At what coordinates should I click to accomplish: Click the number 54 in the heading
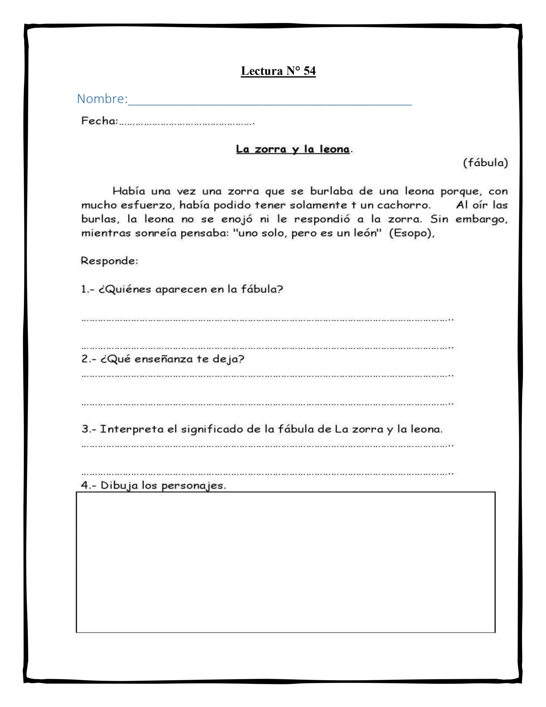(309, 71)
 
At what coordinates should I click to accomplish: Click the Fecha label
(99, 121)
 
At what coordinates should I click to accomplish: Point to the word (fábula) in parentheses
(485, 162)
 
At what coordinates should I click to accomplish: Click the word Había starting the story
(128, 191)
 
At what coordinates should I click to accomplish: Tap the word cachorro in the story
(404, 205)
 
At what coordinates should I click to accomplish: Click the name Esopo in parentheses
(411, 233)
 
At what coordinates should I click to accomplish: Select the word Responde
(109, 261)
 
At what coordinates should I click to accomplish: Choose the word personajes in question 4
(193, 486)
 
